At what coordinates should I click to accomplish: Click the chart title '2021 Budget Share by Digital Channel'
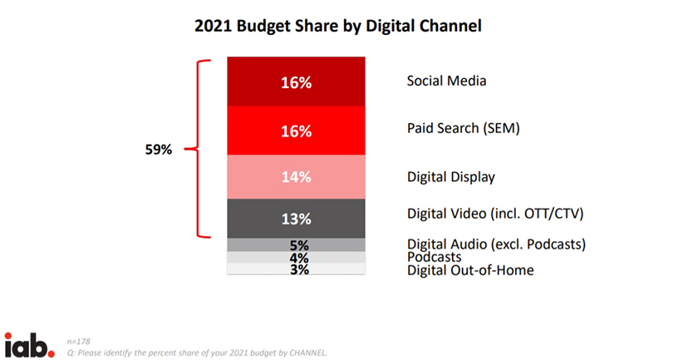click(337, 26)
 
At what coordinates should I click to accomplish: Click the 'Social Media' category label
click(446, 81)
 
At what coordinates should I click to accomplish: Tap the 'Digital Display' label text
click(451, 176)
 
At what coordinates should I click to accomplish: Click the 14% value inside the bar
click(297, 176)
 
